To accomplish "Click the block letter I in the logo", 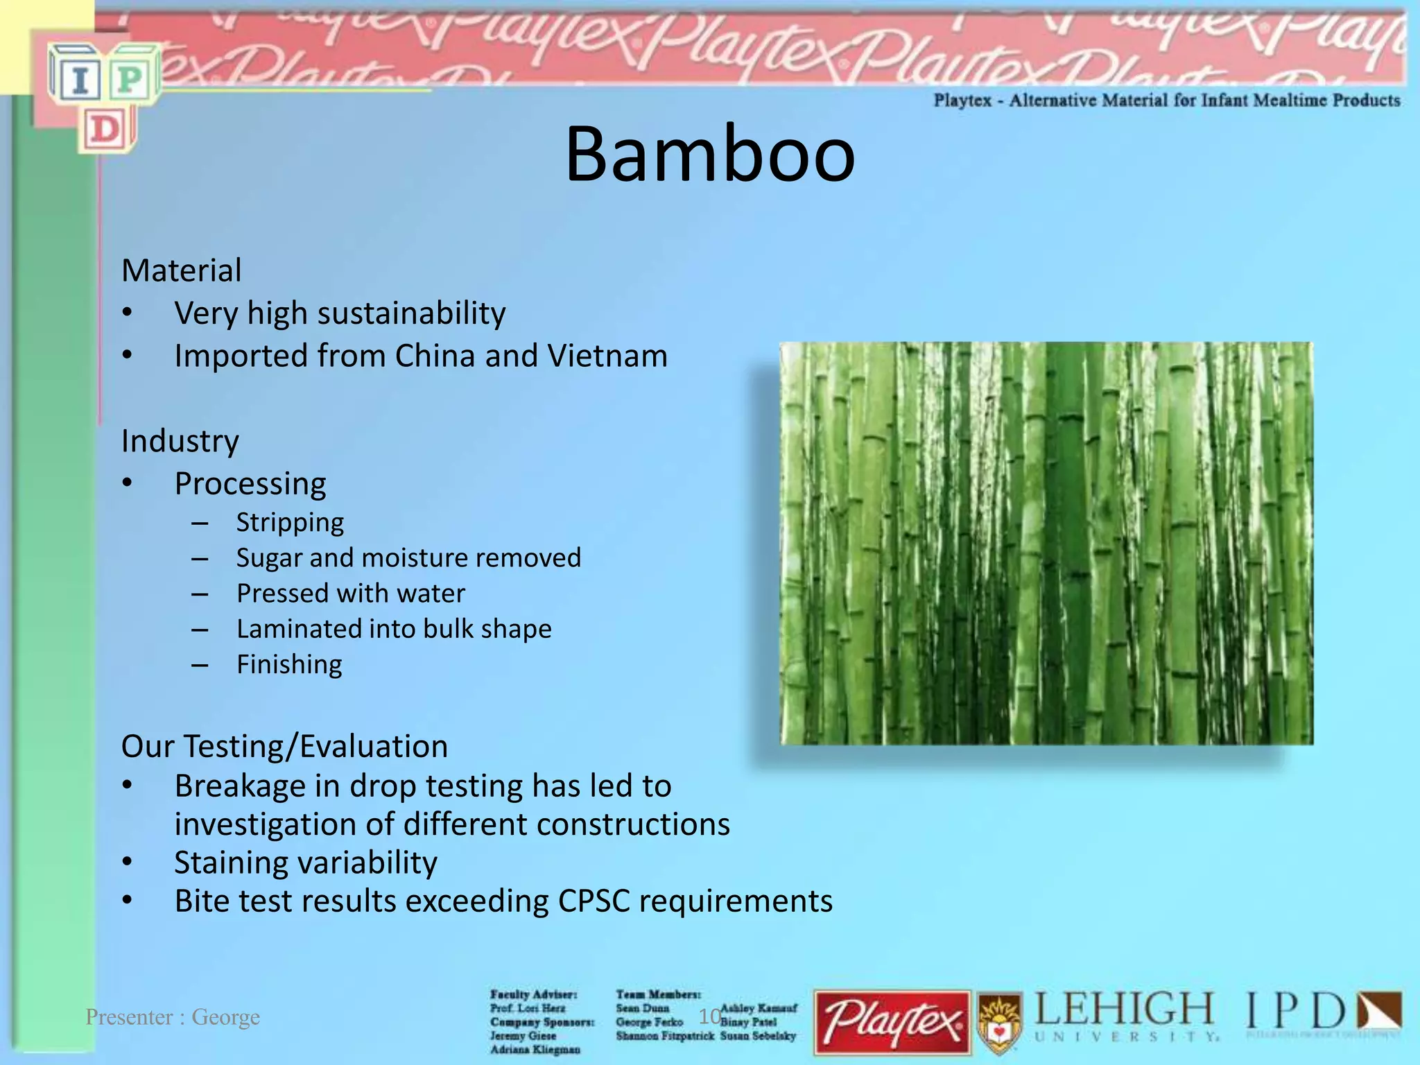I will tap(80, 79).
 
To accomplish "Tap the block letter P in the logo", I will tap(130, 79).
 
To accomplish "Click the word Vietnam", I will tap(607, 356).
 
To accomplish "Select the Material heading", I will tap(182, 270).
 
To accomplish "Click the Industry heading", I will tap(180, 441).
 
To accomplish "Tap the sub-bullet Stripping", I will tap(290, 522).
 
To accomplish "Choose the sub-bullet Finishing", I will tap(289, 664).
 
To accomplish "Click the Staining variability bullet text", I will tap(306, 863).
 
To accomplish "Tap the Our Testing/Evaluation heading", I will tap(284, 747).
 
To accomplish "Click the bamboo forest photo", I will tap(1046, 543).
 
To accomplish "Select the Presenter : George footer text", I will tap(173, 1017).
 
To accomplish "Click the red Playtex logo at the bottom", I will tap(892, 1022).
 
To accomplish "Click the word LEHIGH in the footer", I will tap(1124, 1010).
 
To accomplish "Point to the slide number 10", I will tap(709, 1016).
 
